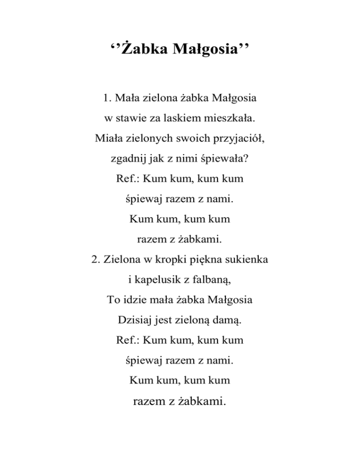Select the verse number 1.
(105, 99)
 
